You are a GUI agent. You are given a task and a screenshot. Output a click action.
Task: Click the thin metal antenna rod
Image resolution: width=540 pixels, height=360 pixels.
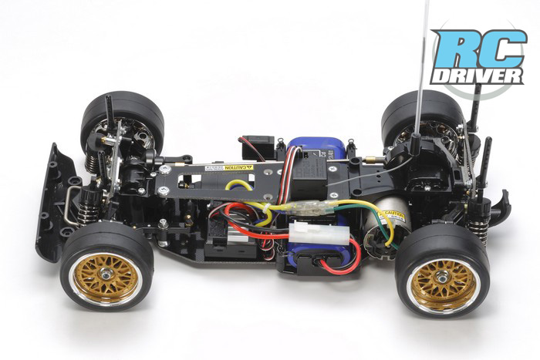click(421, 69)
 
